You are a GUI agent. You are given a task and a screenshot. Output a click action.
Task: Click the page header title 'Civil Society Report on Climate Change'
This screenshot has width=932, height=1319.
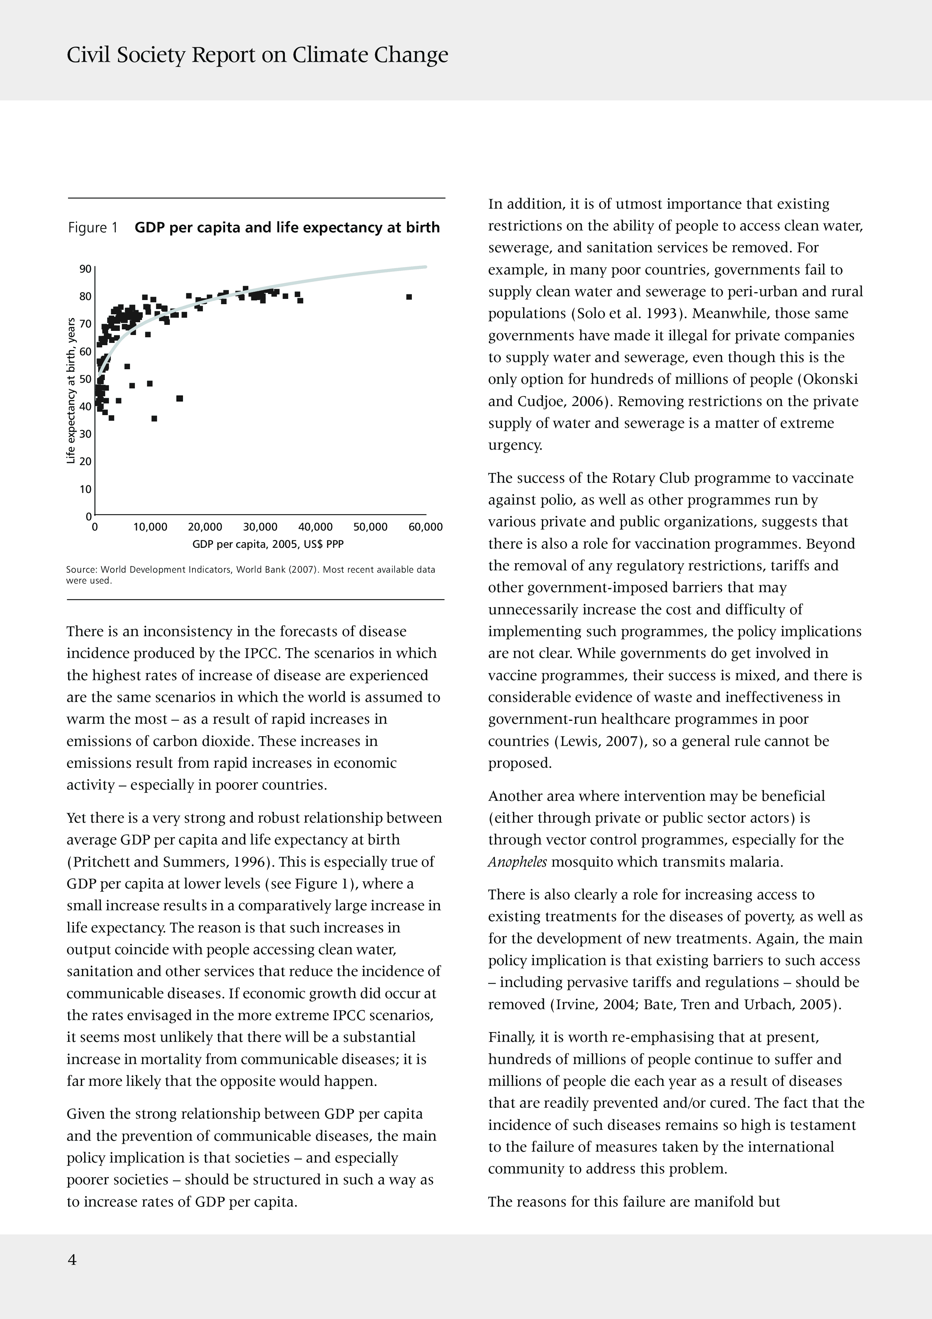point(257,55)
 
